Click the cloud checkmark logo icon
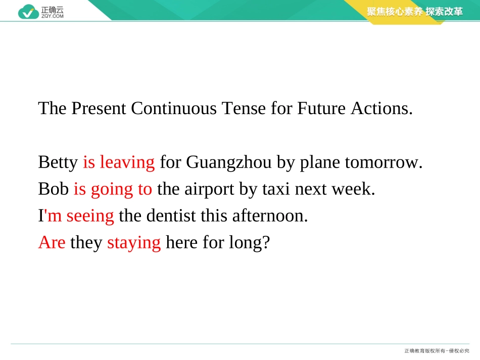point(28,12)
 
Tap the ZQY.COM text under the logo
point(53,16)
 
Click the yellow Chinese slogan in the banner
point(414,12)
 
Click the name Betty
point(58,163)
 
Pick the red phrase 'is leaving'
point(119,163)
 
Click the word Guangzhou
point(229,163)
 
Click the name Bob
point(53,189)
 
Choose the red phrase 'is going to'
point(113,189)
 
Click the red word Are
point(52,243)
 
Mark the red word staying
point(134,243)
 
